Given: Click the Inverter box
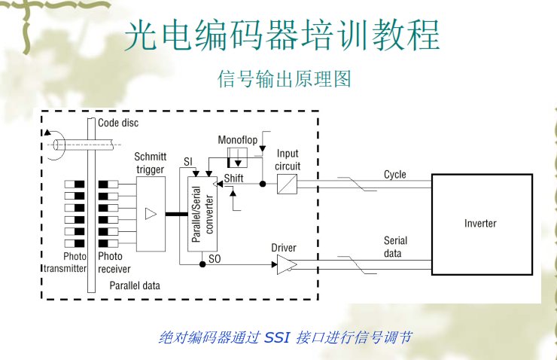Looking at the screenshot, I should click(480, 224).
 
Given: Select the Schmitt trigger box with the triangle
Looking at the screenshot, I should click(151, 214).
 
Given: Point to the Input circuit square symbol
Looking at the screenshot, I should click(286, 184).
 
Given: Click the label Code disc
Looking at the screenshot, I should click(118, 122).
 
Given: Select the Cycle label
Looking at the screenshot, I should click(395, 175).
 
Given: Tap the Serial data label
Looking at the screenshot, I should click(395, 247).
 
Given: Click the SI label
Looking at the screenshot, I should click(188, 162).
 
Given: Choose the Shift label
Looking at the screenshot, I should click(234, 178).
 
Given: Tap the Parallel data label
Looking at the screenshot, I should click(135, 285).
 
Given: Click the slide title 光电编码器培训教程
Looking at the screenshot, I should click(282, 35).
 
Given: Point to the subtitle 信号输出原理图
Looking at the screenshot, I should click(284, 78).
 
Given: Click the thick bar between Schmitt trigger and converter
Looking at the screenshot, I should click(176, 215).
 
